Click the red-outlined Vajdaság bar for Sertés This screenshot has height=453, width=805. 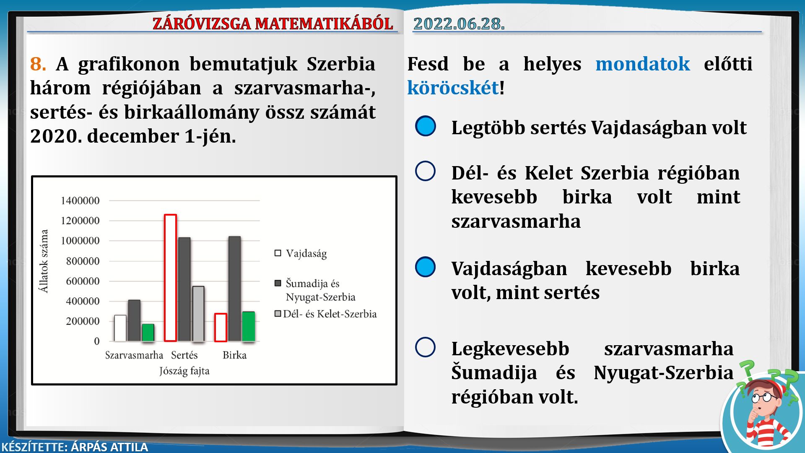coord(170,278)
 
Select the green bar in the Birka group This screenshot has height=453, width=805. coord(249,326)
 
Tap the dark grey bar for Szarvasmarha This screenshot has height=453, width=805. coord(134,320)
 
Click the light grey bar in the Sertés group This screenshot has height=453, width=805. coord(198,314)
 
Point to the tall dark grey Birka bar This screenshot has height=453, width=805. coord(235,289)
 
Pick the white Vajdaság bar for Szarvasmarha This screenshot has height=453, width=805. coord(120,328)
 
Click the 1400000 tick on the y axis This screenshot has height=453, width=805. coord(80,200)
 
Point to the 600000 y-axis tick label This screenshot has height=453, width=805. coord(83,281)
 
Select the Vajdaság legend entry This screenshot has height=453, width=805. coord(301,253)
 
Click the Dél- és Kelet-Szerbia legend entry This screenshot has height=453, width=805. coord(326,314)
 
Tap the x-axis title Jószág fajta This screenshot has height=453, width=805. coord(184,371)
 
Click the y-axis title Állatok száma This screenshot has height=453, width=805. coord(44,261)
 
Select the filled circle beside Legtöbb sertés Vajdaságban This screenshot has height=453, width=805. coord(426,126)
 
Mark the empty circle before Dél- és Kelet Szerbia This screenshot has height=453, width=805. coord(426,171)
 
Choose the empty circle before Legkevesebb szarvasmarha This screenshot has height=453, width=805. coord(426,347)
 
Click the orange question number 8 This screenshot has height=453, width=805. coord(38,64)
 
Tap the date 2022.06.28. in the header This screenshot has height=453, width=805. coord(459,23)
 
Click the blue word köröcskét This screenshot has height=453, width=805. coord(453,88)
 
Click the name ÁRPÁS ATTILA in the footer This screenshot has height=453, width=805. coord(109,447)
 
